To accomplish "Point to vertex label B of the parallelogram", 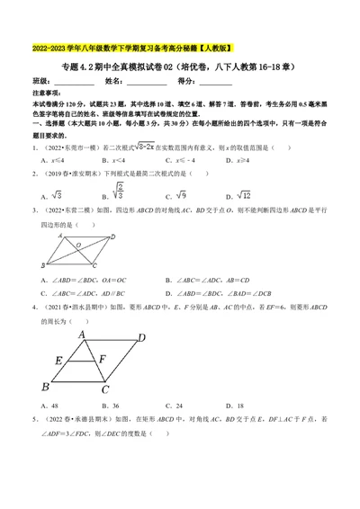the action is click(43, 266).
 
